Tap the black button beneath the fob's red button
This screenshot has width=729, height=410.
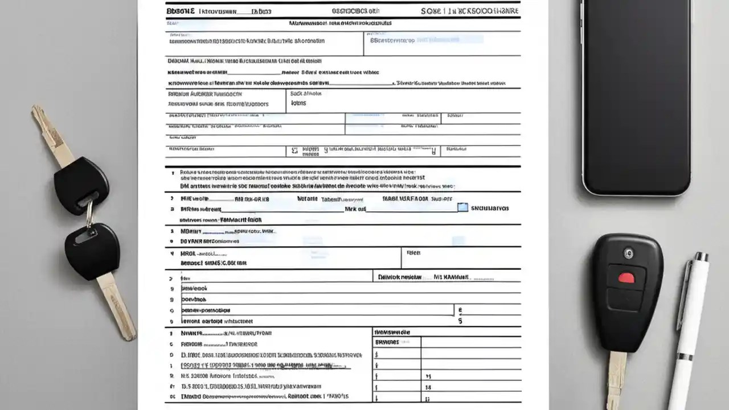[626, 300]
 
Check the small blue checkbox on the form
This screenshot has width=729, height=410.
[462, 208]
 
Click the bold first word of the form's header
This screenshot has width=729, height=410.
[180, 11]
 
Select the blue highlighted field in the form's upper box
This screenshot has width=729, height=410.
[450, 40]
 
